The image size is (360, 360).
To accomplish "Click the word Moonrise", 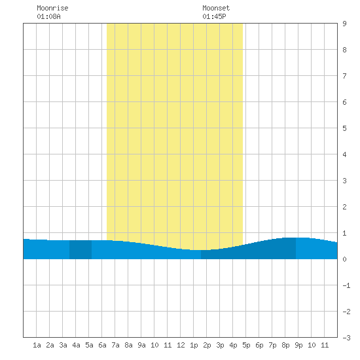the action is (52, 8).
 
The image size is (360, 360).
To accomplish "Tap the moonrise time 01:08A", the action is (48, 16).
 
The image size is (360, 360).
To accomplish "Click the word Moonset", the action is (216, 8).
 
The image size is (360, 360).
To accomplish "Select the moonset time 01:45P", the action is (214, 16).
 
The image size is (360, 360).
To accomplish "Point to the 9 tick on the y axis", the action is (344, 24).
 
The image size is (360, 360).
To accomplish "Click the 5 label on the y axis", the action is (344, 128).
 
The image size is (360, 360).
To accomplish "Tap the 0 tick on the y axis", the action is (344, 259).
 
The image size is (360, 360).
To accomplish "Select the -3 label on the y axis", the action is (346, 338).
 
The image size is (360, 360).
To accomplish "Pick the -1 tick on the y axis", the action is (346, 285).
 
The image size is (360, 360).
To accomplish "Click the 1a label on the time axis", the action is (37, 345).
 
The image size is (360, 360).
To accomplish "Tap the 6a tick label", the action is (102, 345).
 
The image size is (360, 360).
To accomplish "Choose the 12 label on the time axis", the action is (181, 345).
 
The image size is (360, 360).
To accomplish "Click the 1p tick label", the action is (194, 345).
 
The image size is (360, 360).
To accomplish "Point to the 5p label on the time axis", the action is (246, 345).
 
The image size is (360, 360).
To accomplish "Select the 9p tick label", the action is (298, 345).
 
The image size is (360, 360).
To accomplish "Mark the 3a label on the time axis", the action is (63, 345).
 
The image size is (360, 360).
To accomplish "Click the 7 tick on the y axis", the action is (344, 76).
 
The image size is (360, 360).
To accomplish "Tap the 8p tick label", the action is (285, 345).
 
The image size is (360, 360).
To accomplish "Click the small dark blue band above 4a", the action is (81, 249).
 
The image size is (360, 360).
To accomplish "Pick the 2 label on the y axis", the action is (344, 207).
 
